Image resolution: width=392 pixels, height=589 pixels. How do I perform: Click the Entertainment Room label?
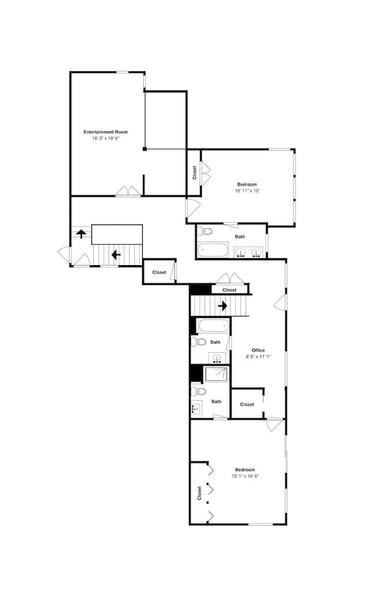(106, 132)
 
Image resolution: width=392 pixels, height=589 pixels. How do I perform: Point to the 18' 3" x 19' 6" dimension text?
(106, 139)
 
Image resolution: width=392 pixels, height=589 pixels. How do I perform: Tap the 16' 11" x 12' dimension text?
(247, 191)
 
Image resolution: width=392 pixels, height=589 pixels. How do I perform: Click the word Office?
(258, 350)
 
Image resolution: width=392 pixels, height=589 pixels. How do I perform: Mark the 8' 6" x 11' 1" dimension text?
(258, 356)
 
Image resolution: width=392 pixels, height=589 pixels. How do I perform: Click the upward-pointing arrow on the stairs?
(81, 233)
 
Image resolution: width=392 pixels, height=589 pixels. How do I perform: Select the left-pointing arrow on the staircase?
(116, 255)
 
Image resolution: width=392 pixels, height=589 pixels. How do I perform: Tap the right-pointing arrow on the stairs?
(223, 306)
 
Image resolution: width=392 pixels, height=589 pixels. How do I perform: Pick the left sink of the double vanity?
(241, 254)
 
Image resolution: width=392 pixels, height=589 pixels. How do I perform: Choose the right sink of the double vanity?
(256, 254)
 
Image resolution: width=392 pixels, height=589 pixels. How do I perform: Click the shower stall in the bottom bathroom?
(216, 375)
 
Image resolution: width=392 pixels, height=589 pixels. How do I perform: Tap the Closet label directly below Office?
(247, 404)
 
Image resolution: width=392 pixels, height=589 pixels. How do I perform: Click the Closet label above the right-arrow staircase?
(229, 290)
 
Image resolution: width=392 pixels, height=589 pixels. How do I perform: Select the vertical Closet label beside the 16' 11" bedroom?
(195, 172)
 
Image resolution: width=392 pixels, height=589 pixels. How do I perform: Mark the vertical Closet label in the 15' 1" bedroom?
(199, 492)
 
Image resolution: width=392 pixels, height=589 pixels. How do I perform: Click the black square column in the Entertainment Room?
(144, 149)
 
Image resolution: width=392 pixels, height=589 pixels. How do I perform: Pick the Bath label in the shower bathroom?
(217, 402)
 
